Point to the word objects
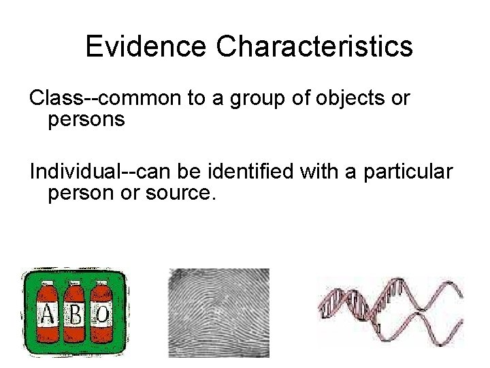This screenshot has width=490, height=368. [x=339, y=99]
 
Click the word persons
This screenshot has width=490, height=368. [x=86, y=120]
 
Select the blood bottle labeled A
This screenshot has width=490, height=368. [x=46, y=315]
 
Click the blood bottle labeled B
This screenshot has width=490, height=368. [x=75, y=315]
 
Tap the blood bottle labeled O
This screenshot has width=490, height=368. [x=102, y=315]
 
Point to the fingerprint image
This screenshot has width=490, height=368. [x=218, y=312]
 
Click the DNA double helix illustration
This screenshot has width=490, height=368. [x=391, y=310]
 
